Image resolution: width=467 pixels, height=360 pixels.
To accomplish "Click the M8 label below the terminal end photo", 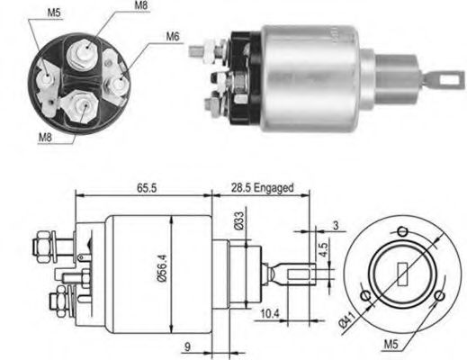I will [46, 137].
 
